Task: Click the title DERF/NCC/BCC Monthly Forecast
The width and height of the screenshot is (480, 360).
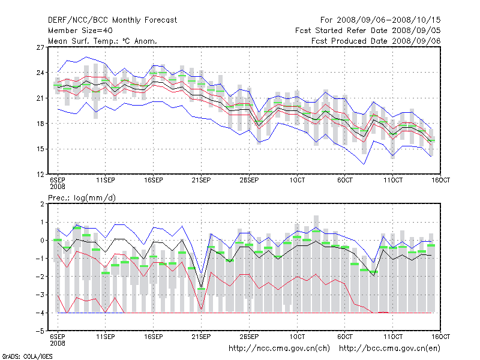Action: [x=112, y=20]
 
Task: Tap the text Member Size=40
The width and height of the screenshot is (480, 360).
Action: [x=80, y=31]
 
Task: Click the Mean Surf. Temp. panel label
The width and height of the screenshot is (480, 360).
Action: [x=103, y=41]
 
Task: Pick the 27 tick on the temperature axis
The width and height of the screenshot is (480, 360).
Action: [x=40, y=47]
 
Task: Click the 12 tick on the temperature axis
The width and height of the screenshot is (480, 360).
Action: [x=40, y=175]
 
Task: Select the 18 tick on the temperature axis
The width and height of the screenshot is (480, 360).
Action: [x=40, y=124]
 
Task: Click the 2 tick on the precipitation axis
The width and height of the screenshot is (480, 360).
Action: [x=41, y=205]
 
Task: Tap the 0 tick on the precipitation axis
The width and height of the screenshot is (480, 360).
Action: [x=41, y=241]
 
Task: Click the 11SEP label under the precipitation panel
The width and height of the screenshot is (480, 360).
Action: [x=106, y=337]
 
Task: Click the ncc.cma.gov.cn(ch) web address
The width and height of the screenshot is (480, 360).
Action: [x=280, y=348]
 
